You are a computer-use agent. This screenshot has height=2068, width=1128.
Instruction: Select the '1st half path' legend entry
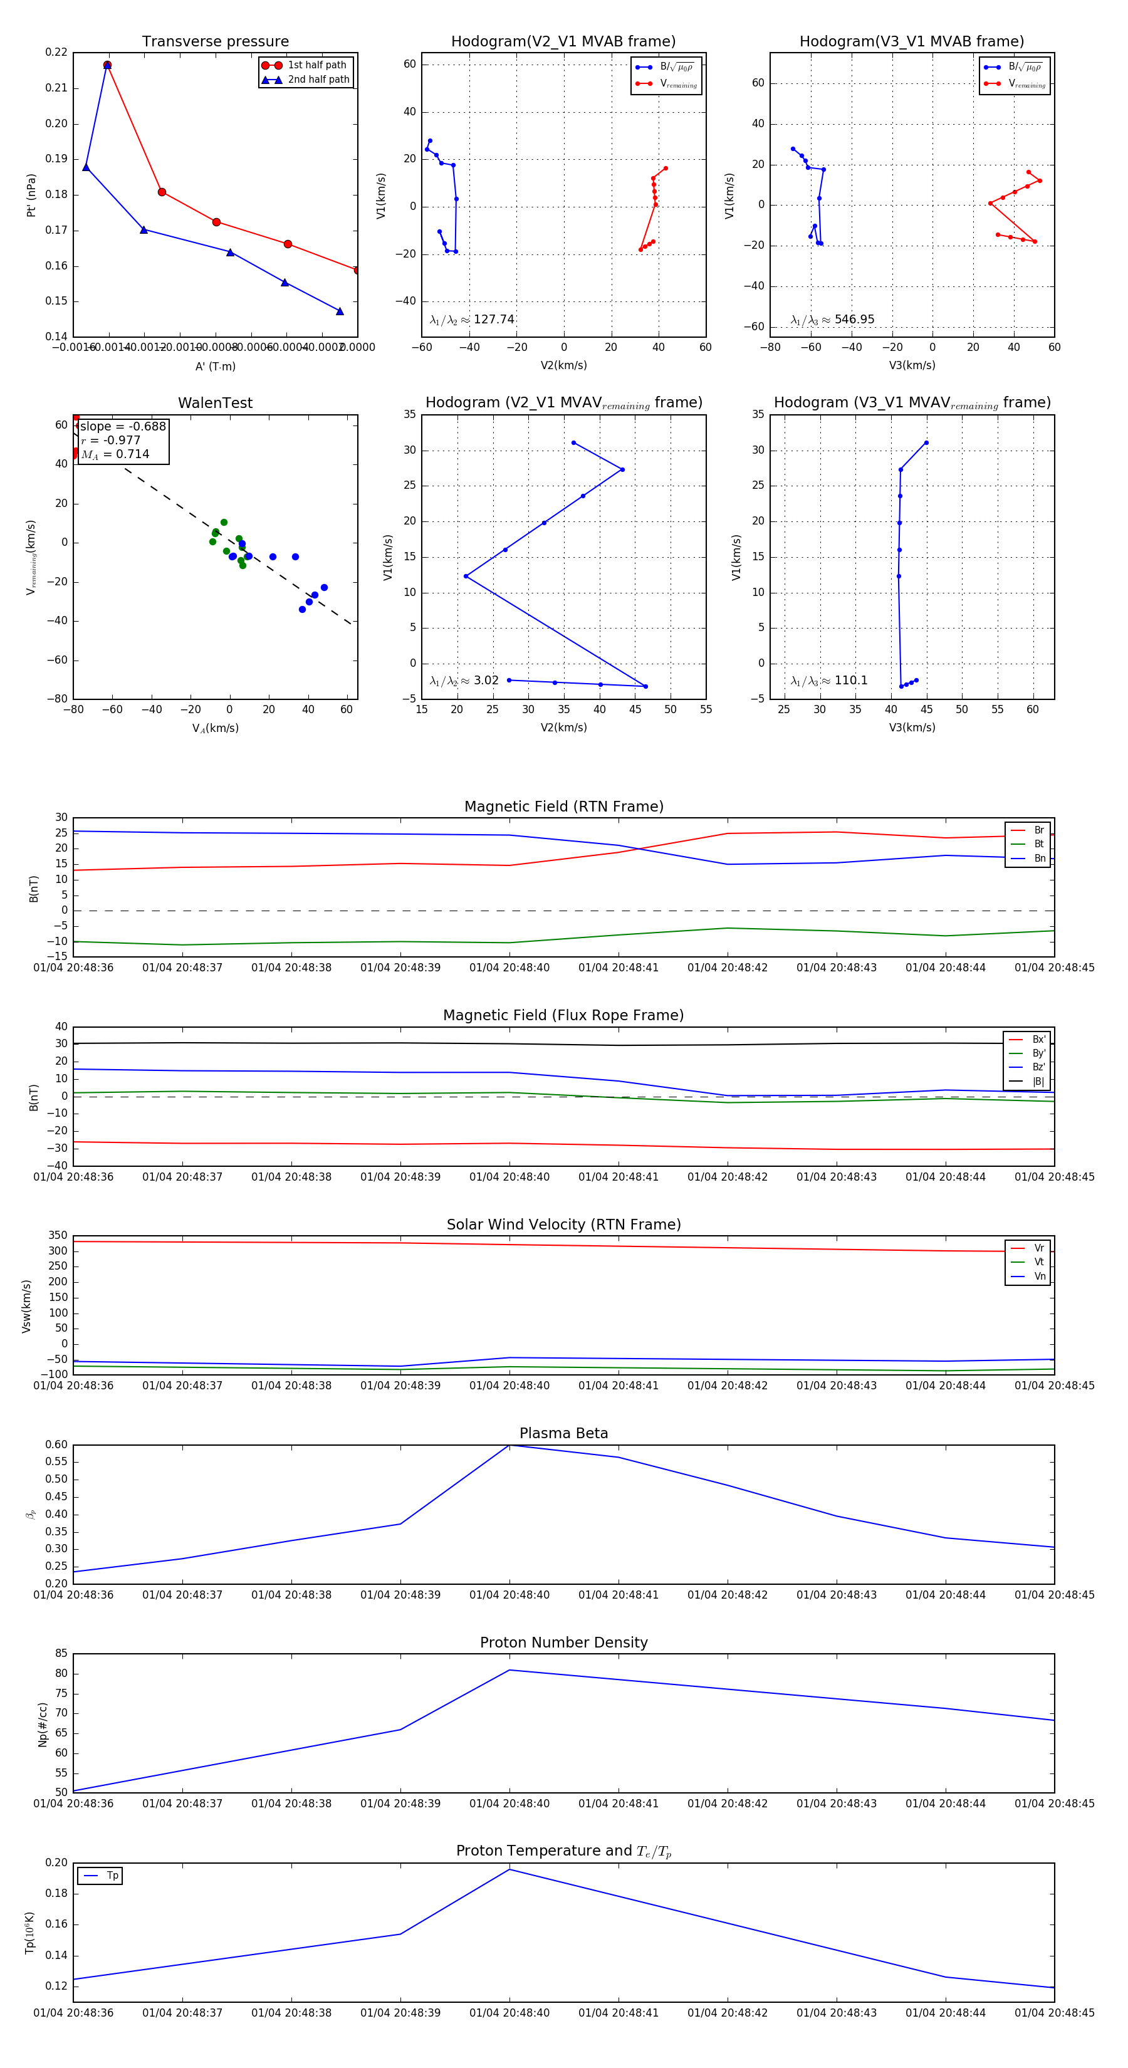[316, 65]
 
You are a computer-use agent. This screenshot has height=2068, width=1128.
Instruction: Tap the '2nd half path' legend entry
[318, 80]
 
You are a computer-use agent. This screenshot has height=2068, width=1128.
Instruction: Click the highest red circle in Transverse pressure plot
[107, 65]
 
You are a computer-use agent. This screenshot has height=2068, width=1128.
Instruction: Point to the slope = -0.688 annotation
[123, 426]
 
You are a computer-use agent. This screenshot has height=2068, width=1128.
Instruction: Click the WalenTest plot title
[215, 403]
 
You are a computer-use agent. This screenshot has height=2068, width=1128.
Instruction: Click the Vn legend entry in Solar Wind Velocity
[1039, 1277]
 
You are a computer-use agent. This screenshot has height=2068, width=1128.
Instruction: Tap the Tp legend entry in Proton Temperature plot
[112, 1876]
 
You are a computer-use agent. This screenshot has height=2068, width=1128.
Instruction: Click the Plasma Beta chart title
[563, 1434]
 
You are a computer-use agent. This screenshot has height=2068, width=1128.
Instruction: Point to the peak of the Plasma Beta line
[509, 1445]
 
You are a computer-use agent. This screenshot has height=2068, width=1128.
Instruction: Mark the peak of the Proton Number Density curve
[509, 1671]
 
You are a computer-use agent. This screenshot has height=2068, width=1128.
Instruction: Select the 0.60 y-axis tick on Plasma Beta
[56, 1445]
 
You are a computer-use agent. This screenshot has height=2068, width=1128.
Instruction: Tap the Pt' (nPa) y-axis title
[31, 195]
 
